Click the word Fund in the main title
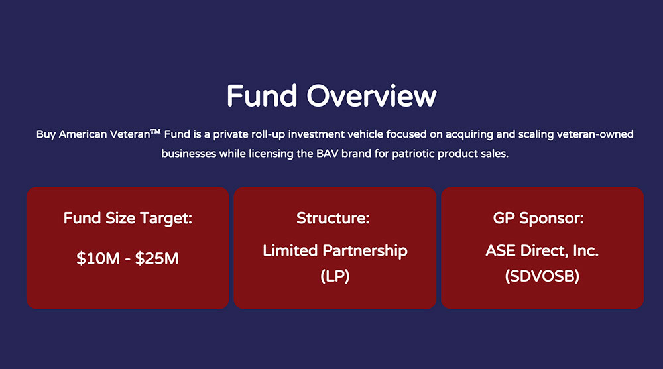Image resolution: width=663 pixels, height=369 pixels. [x=262, y=95]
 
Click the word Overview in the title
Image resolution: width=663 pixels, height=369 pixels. [x=371, y=95]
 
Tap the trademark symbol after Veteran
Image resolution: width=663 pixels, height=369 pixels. [x=156, y=132]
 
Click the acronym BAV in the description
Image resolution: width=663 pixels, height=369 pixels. [x=327, y=154]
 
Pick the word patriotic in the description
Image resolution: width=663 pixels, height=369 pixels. [x=413, y=154]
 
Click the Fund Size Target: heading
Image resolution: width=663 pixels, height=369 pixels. [x=128, y=218]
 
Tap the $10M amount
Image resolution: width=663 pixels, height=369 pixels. [x=98, y=258]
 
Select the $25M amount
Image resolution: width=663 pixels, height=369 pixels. [x=157, y=258]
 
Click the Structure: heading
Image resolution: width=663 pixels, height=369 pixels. [x=333, y=218]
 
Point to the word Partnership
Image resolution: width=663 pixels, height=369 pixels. [x=365, y=250]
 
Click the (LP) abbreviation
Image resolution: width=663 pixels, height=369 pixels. [x=335, y=276]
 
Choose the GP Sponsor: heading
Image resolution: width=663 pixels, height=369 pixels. [x=538, y=218]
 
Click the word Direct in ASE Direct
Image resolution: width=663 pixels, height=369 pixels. [x=544, y=250]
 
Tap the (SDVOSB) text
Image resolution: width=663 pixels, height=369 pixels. [x=542, y=276]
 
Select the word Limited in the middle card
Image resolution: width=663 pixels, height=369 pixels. [x=290, y=250]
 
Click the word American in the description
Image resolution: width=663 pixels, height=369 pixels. [x=83, y=134]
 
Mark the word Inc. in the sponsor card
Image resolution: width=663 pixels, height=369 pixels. [x=586, y=250]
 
